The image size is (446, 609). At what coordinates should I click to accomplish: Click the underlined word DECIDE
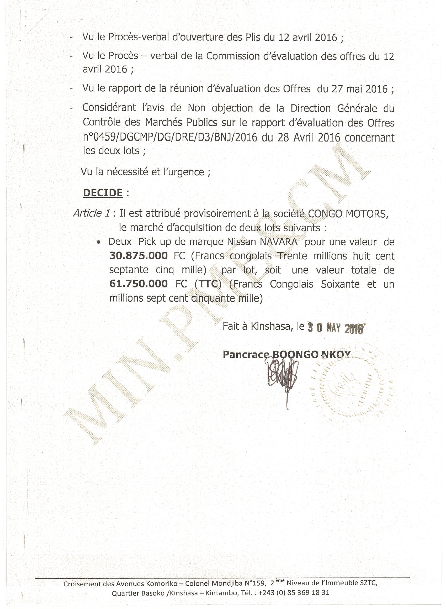click(103, 193)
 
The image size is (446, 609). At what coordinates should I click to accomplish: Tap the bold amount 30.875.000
click(139, 255)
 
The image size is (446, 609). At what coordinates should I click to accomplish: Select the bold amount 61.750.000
click(139, 283)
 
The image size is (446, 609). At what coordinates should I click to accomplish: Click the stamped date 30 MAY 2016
click(336, 328)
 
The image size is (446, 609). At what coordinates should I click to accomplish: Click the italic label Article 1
click(92, 213)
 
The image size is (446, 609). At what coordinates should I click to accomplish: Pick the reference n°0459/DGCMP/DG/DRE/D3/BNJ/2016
click(170, 138)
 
